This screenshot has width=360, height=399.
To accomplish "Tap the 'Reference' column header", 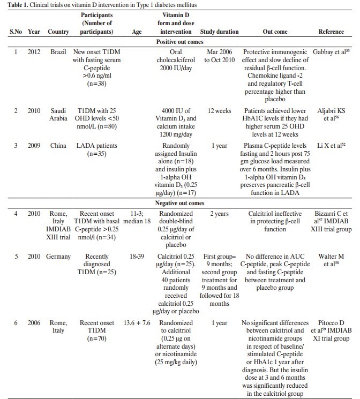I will click(x=331, y=32).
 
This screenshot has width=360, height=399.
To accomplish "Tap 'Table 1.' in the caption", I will click(x=17, y=4).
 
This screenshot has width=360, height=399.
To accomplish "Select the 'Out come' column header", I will click(x=274, y=32).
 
